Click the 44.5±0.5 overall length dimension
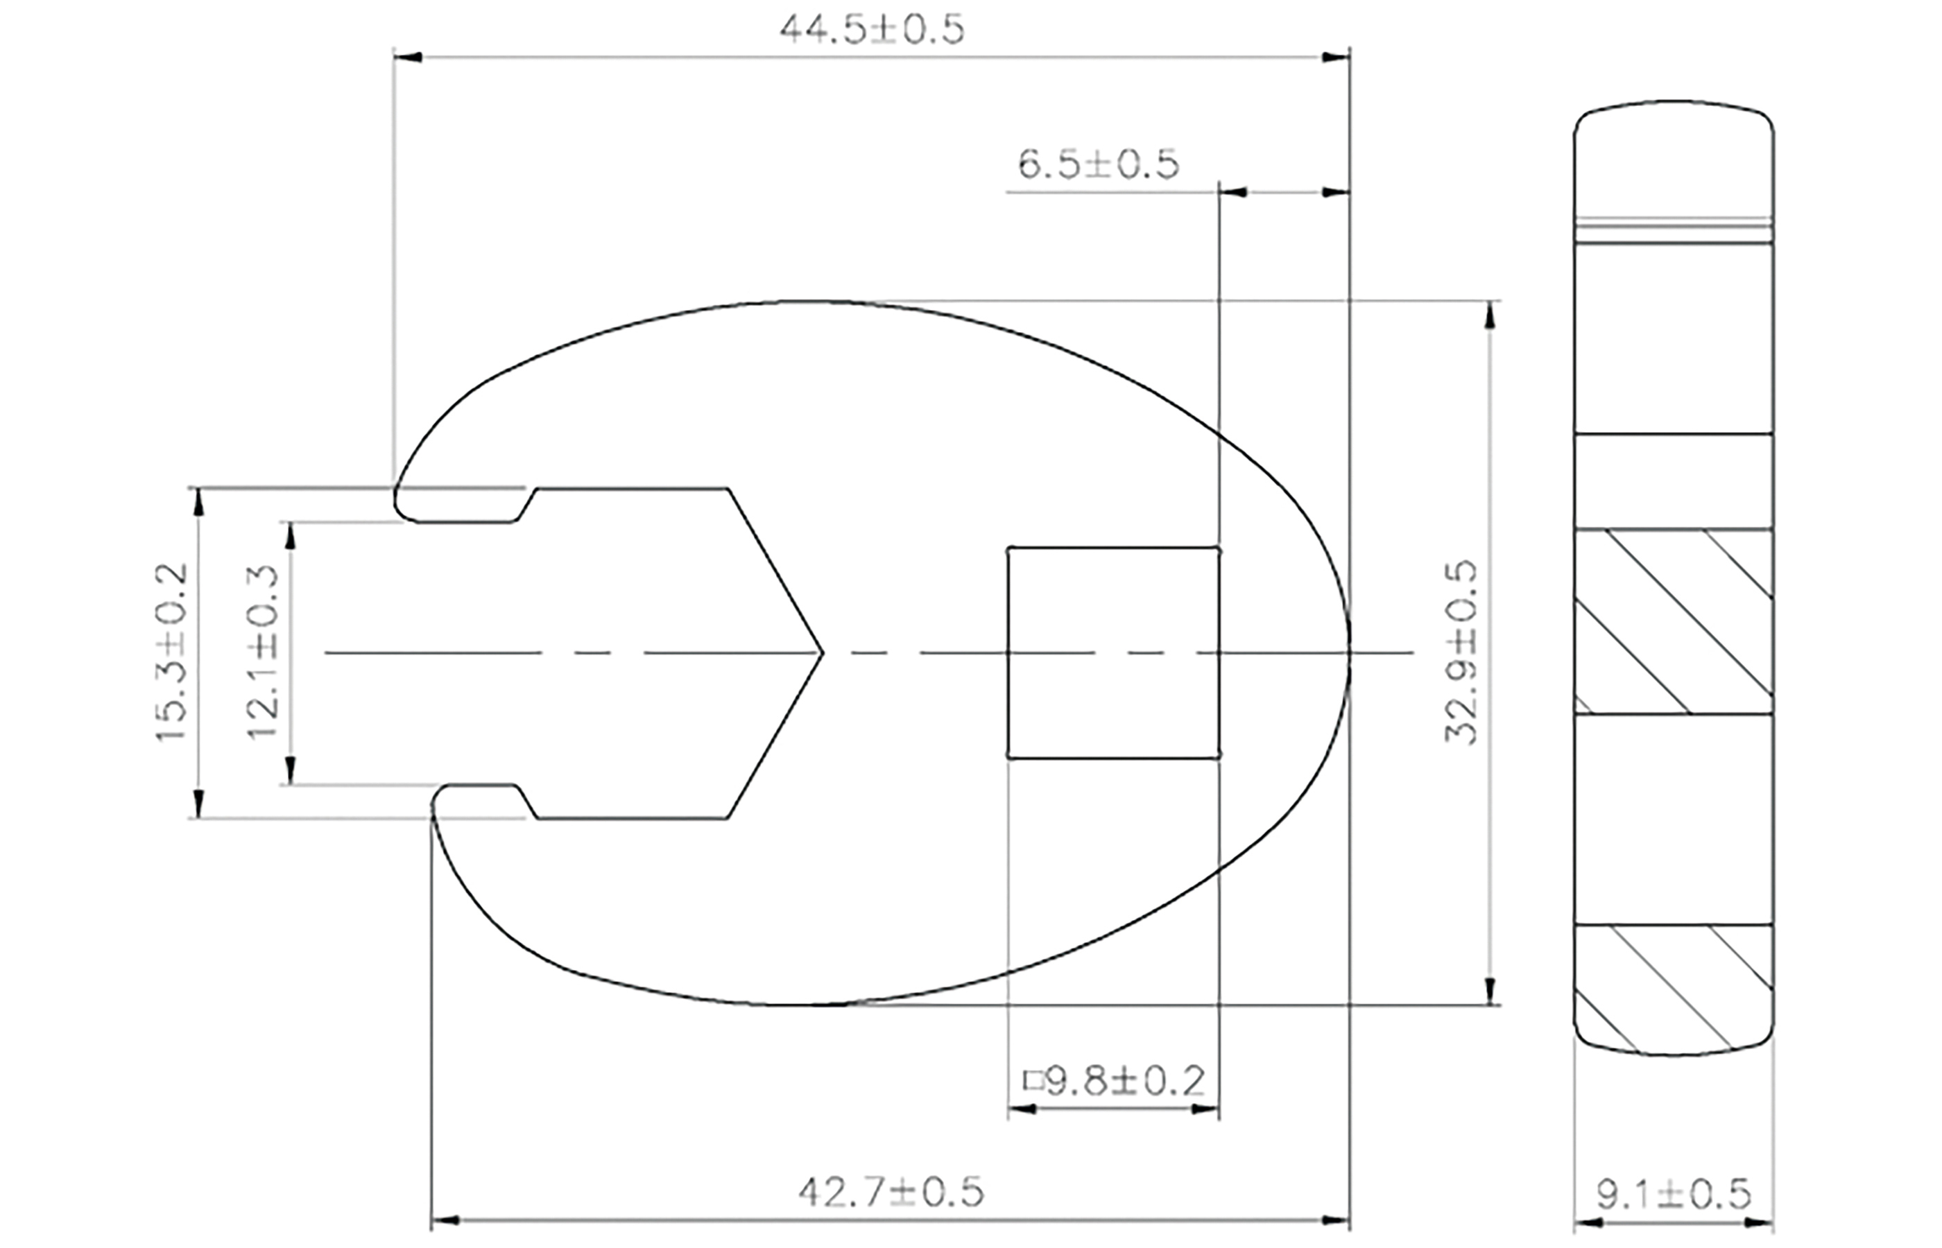[872, 31]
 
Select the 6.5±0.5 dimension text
[1098, 165]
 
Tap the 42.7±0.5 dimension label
[891, 1192]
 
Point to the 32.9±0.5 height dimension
[1461, 652]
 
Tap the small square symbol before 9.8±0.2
[1033, 1081]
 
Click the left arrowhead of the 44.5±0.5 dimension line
[405, 57]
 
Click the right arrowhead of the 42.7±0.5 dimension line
[1337, 1219]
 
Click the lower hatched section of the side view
[1674, 988]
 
